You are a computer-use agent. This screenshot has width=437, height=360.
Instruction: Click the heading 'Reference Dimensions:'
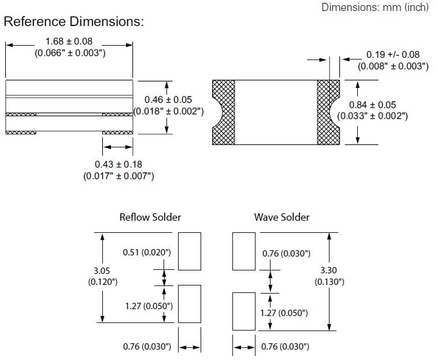[73, 22]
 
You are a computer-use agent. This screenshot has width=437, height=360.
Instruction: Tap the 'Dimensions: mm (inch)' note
[375, 8]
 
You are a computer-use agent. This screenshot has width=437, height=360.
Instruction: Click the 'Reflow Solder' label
[150, 217]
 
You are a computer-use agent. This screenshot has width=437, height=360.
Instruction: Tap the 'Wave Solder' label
[282, 217]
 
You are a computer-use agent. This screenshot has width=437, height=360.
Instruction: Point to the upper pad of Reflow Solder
[190, 251]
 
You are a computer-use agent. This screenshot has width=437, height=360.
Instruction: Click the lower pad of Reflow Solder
[190, 303]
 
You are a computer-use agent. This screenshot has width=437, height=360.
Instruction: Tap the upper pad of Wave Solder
[243, 251]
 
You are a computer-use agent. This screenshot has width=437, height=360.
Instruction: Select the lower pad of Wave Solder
[243, 311]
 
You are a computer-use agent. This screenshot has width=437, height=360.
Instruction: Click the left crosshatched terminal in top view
[224, 113]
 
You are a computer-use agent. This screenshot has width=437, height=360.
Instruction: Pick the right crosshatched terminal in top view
[328, 113]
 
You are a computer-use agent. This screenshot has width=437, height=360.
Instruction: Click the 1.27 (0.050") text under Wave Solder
[283, 313]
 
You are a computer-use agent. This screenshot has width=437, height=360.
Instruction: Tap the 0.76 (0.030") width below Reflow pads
[147, 347]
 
